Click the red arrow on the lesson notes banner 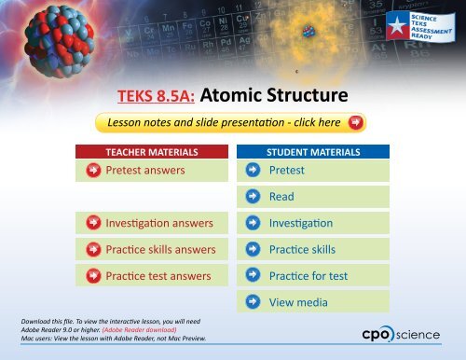354,123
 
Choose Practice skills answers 161,249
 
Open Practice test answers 158,275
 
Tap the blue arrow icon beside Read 254,197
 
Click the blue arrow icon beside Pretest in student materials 254,171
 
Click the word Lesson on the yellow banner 130,123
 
